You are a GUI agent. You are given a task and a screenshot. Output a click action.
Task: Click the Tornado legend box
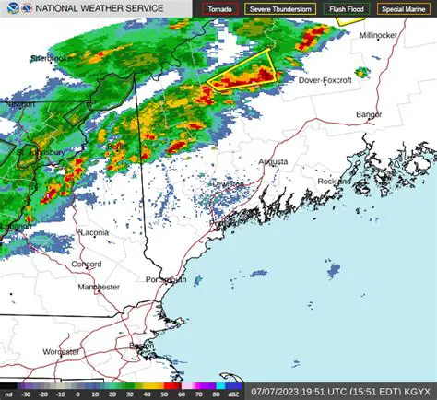tap(220, 8)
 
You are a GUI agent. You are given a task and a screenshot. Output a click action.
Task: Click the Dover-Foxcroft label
tap(325, 80)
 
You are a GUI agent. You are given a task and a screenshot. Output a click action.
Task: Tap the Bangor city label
tap(369, 114)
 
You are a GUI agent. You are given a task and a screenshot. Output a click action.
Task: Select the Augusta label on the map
tap(272, 161)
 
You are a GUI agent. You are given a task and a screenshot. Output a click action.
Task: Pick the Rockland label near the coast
tap(334, 181)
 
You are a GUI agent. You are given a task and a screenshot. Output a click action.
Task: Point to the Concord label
tap(87, 264)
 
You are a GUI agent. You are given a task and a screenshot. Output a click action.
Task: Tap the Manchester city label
tap(99, 287)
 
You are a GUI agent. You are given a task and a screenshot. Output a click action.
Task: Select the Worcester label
tap(60, 351)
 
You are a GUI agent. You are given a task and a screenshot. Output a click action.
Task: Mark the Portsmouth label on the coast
tap(167, 279)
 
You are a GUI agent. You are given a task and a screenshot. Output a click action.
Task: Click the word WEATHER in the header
tap(96, 8)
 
